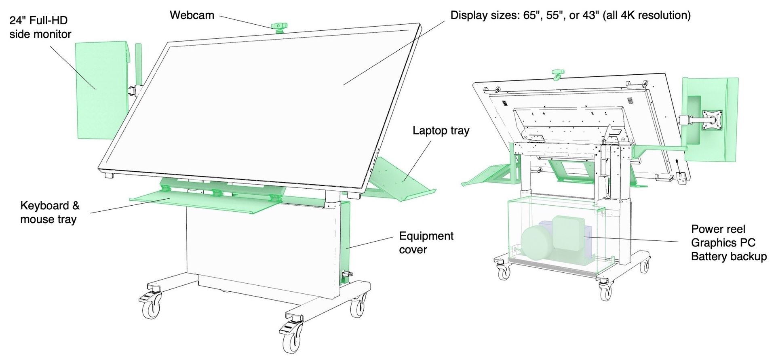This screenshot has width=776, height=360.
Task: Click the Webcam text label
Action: [x=192, y=15]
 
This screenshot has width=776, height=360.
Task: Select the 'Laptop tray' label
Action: [x=441, y=131]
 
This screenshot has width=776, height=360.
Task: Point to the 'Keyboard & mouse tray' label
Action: [x=50, y=213]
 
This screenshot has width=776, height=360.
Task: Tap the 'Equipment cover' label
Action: [x=426, y=242]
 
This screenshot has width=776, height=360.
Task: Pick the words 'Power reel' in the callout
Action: [x=718, y=229]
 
